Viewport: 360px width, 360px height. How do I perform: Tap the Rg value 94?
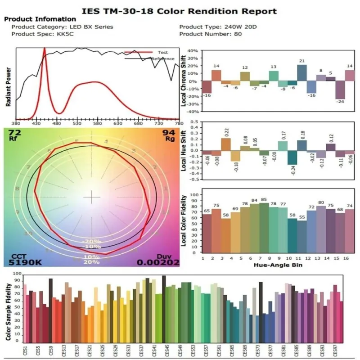(169, 133)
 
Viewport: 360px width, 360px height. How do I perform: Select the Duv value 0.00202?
(158, 262)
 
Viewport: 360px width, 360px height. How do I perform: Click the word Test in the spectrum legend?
(163, 53)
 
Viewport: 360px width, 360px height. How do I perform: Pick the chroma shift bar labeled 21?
(302, 73)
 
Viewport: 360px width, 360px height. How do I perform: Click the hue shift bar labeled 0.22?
(226, 144)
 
